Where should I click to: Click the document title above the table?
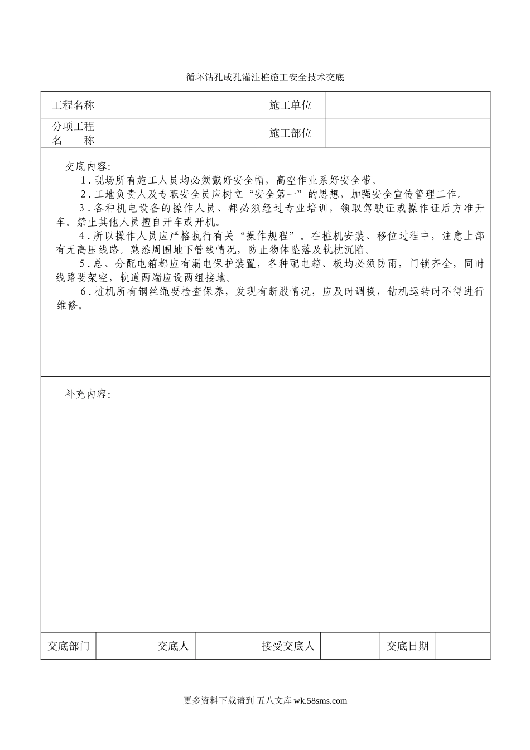pos(265,78)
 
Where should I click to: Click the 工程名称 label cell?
pos(73,105)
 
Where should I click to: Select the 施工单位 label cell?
pos(290,105)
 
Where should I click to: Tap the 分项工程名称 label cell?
pos(73,133)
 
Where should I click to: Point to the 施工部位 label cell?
pos(290,133)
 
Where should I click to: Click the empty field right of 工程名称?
pos(180,105)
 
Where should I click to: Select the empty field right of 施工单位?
pos(407,105)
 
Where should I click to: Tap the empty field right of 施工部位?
pos(407,133)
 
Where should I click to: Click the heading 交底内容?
pos(88,166)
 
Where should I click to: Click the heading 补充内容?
pos(88,395)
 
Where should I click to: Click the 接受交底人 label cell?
pos(288,646)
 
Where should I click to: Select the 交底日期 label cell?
pos(408,646)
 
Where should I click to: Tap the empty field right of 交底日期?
pos(462,646)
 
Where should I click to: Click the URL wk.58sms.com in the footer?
pos(320,701)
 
